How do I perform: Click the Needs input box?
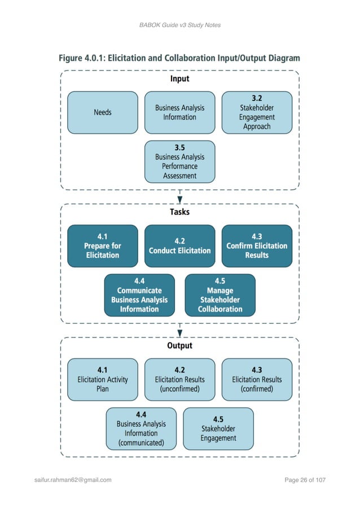click(102, 112)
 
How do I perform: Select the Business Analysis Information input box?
click(179, 112)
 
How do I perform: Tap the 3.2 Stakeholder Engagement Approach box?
click(257, 112)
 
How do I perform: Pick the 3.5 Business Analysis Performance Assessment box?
click(179, 161)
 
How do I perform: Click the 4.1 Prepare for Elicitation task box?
click(102, 246)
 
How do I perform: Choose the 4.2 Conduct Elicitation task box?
click(179, 246)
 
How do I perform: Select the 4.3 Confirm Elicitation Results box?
click(257, 246)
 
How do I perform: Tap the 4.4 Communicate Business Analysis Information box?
click(139, 295)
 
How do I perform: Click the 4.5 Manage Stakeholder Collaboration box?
click(219, 295)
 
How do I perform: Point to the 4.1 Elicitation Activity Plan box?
click(102, 379)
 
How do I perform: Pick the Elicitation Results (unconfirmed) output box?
click(179, 379)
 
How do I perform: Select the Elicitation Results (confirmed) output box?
click(257, 379)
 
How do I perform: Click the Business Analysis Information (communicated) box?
click(141, 429)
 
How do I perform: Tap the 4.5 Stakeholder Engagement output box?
click(218, 429)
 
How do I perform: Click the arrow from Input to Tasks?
click(179, 197)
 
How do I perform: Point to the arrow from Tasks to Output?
click(179, 330)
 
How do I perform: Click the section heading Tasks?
click(179, 212)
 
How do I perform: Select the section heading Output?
click(179, 345)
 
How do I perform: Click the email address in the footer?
click(73, 480)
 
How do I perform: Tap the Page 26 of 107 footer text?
click(305, 480)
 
